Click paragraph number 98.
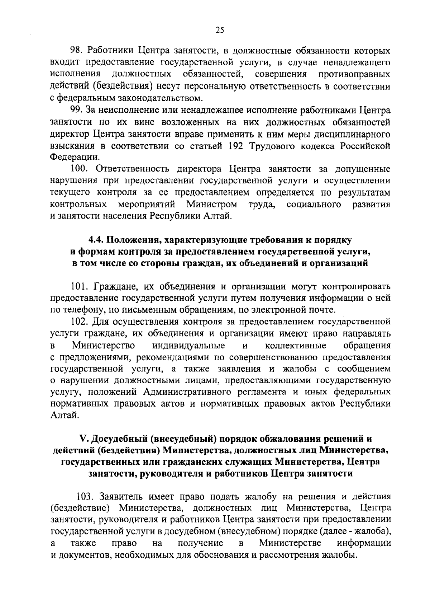tap(76, 50)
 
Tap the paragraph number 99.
tap(76, 110)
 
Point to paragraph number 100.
tap(79, 169)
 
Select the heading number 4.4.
tap(96, 239)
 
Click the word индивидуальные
tap(188, 346)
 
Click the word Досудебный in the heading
tap(118, 439)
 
